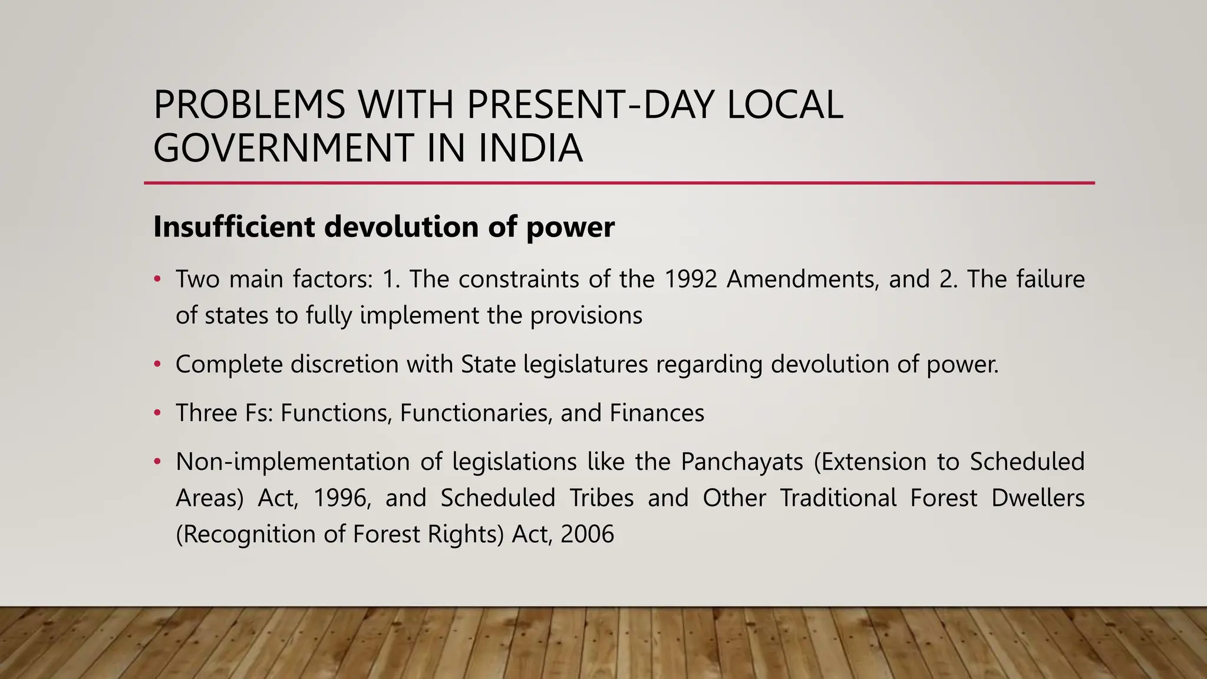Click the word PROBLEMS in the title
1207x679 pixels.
(x=249, y=105)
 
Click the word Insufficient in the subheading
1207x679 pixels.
(x=234, y=227)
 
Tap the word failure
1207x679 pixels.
(x=1050, y=279)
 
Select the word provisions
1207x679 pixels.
(x=586, y=316)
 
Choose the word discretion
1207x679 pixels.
(x=345, y=364)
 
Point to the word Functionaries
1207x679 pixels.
(x=476, y=413)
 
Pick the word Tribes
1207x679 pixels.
(x=601, y=499)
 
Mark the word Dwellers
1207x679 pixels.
(x=1037, y=499)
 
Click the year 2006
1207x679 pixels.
(x=587, y=535)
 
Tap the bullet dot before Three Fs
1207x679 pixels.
(x=157, y=413)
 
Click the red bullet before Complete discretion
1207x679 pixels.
(x=157, y=365)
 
